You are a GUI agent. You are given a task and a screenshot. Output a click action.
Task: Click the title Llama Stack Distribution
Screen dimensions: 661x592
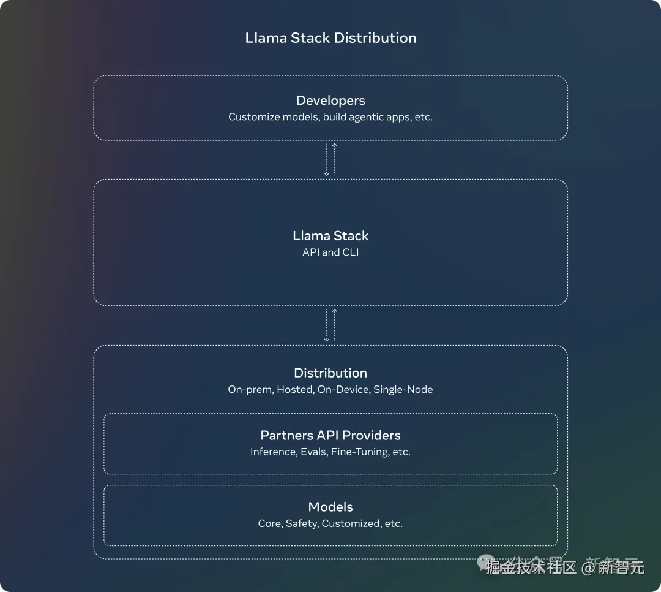[x=330, y=38]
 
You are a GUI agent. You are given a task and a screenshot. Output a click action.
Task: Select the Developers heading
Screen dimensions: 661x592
[x=330, y=101]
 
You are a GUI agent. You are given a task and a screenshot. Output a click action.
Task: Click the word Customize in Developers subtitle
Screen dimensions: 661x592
[x=250, y=117]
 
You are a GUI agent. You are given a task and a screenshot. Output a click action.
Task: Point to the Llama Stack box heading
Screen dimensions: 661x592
[x=330, y=236]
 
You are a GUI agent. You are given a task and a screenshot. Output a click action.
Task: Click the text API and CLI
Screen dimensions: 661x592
[x=330, y=252]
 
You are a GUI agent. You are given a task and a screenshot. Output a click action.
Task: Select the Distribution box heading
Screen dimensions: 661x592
[x=330, y=373]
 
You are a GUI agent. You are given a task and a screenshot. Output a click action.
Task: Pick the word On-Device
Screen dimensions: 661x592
[x=343, y=390]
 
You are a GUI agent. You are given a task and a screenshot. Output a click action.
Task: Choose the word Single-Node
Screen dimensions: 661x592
[x=403, y=390]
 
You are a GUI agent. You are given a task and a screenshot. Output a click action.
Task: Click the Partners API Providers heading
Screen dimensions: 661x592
[x=330, y=436]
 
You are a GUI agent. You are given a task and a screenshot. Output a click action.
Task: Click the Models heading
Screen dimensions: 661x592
[x=330, y=507]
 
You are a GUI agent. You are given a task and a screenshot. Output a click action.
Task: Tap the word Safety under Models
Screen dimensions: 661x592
[x=301, y=524]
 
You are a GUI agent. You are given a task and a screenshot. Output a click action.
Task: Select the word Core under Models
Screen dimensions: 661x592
[x=269, y=524]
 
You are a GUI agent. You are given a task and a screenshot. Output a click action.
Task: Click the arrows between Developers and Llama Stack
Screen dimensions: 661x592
[x=330, y=160]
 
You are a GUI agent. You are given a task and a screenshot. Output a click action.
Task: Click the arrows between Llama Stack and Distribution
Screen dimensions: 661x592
[x=330, y=325]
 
